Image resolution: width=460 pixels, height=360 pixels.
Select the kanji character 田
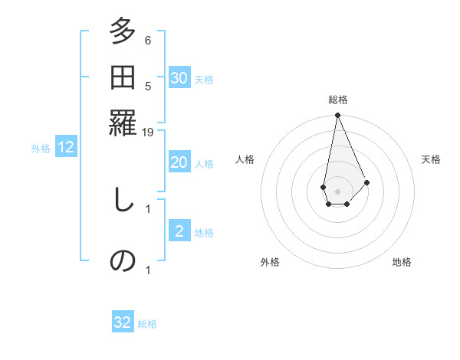coord(123,77)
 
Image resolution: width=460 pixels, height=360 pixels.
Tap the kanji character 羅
coord(123,120)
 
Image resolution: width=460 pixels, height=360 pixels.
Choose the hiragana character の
coord(123,260)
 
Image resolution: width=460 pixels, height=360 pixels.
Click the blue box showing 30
coord(179,78)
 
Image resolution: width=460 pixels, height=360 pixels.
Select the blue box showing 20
coord(179,162)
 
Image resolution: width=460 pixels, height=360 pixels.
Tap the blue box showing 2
coord(179,231)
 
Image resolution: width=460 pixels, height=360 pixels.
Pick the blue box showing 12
coord(66,148)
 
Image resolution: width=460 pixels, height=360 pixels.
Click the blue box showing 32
coord(123,322)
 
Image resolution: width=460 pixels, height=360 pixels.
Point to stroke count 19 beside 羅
coord(148,133)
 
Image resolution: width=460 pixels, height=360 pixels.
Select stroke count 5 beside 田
coord(148,86)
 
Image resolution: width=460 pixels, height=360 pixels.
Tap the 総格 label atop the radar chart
coord(337,100)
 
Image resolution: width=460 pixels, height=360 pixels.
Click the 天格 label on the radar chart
coord(431,159)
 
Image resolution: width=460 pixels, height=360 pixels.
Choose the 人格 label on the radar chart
coord(245,159)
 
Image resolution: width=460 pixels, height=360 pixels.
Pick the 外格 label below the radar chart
coord(270,262)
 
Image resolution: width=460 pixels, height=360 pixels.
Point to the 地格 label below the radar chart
coord(402,262)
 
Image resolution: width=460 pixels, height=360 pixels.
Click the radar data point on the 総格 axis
coord(337,116)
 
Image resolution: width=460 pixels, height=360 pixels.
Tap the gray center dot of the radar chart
coord(337,190)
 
